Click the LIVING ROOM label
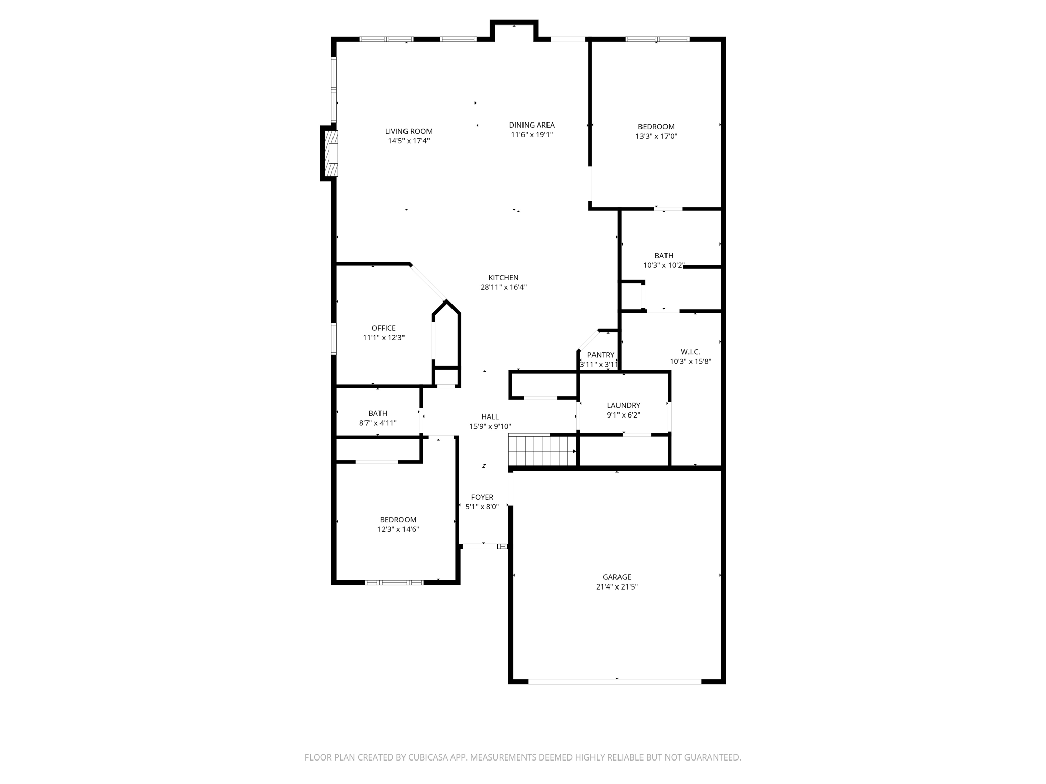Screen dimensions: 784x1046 (x=409, y=131)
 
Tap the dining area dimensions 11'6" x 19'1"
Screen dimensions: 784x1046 (x=532, y=135)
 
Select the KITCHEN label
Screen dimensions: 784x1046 (x=503, y=278)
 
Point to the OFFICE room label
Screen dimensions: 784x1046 (x=384, y=328)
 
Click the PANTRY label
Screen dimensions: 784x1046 (x=601, y=355)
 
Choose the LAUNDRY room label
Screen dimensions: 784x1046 (x=624, y=405)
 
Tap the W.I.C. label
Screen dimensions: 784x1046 (x=691, y=352)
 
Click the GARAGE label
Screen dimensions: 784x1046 (x=617, y=577)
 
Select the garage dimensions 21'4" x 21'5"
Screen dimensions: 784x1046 (x=617, y=587)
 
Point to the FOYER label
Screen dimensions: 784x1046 (x=482, y=497)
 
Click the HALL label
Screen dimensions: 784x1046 (x=490, y=416)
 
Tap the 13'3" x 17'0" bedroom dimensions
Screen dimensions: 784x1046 (x=656, y=136)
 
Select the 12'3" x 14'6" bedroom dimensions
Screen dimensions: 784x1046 (x=398, y=529)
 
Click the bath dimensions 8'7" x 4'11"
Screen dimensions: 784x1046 (x=378, y=423)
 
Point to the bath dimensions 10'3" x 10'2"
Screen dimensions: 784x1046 (x=663, y=265)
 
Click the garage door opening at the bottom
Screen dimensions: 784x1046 (x=615, y=681)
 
